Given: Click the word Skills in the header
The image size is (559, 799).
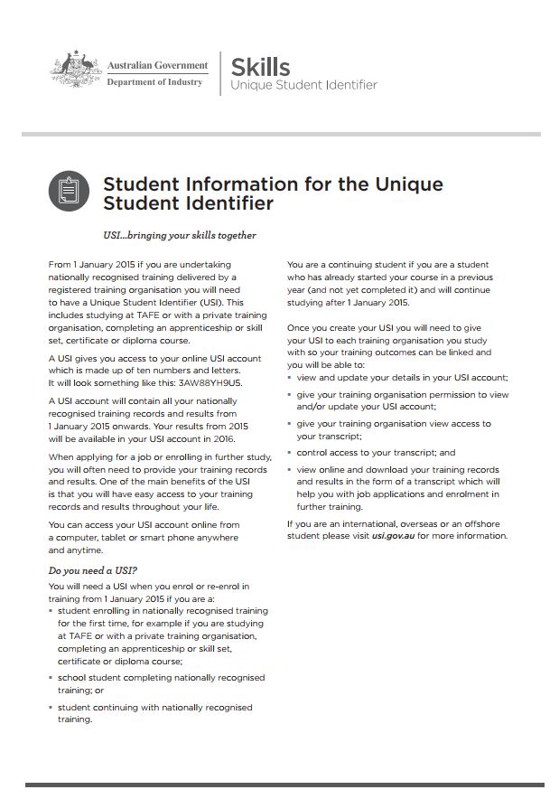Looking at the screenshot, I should tap(260, 66).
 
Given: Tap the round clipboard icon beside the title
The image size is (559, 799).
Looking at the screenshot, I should tap(70, 192).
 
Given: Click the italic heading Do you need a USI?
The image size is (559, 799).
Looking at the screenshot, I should tap(92, 570).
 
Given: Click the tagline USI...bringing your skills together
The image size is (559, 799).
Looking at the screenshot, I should tap(180, 236).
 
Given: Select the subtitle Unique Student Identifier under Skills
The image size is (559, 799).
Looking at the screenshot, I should tap(303, 85).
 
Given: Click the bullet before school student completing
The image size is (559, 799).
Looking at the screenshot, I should tap(51, 677).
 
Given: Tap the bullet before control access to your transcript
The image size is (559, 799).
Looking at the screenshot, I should tap(290, 452).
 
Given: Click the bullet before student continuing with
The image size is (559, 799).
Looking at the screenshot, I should tap(51, 707).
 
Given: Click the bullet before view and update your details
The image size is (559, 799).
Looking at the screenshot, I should tap(290, 376).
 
